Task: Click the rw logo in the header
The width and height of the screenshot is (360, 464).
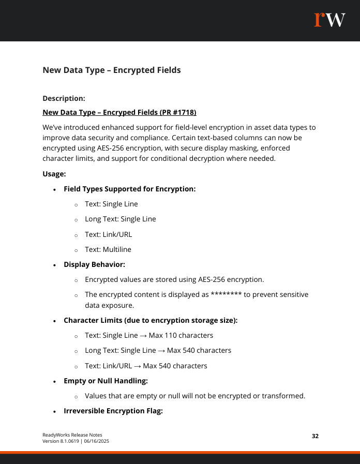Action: tap(329, 20)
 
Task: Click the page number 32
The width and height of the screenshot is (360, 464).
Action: tap(315, 436)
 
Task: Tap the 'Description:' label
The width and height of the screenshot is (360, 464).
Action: tap(64, 98)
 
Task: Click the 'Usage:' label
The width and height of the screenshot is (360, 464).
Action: tap(54, 174)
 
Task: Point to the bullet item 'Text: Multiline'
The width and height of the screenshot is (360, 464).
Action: tap(108, 249)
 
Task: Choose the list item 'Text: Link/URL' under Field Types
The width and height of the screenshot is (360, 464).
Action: tap(108, 234)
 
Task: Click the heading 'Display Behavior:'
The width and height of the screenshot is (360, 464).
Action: tap(94, 264)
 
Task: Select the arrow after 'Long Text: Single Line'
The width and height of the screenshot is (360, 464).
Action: tap(161, 350)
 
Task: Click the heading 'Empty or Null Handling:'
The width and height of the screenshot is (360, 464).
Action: tap(106, 381)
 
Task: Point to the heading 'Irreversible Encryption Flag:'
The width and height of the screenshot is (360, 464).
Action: tap(113, 411)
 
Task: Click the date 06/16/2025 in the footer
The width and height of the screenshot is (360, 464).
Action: tap(94, 441)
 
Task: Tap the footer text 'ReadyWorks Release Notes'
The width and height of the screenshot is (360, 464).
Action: tap(72, 435)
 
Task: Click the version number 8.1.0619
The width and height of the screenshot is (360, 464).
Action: tap(68, 441)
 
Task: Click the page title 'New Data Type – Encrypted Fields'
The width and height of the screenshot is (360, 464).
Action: tap(111, 70)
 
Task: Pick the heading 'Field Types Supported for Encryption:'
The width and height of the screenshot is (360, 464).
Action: tap(129, 189)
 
